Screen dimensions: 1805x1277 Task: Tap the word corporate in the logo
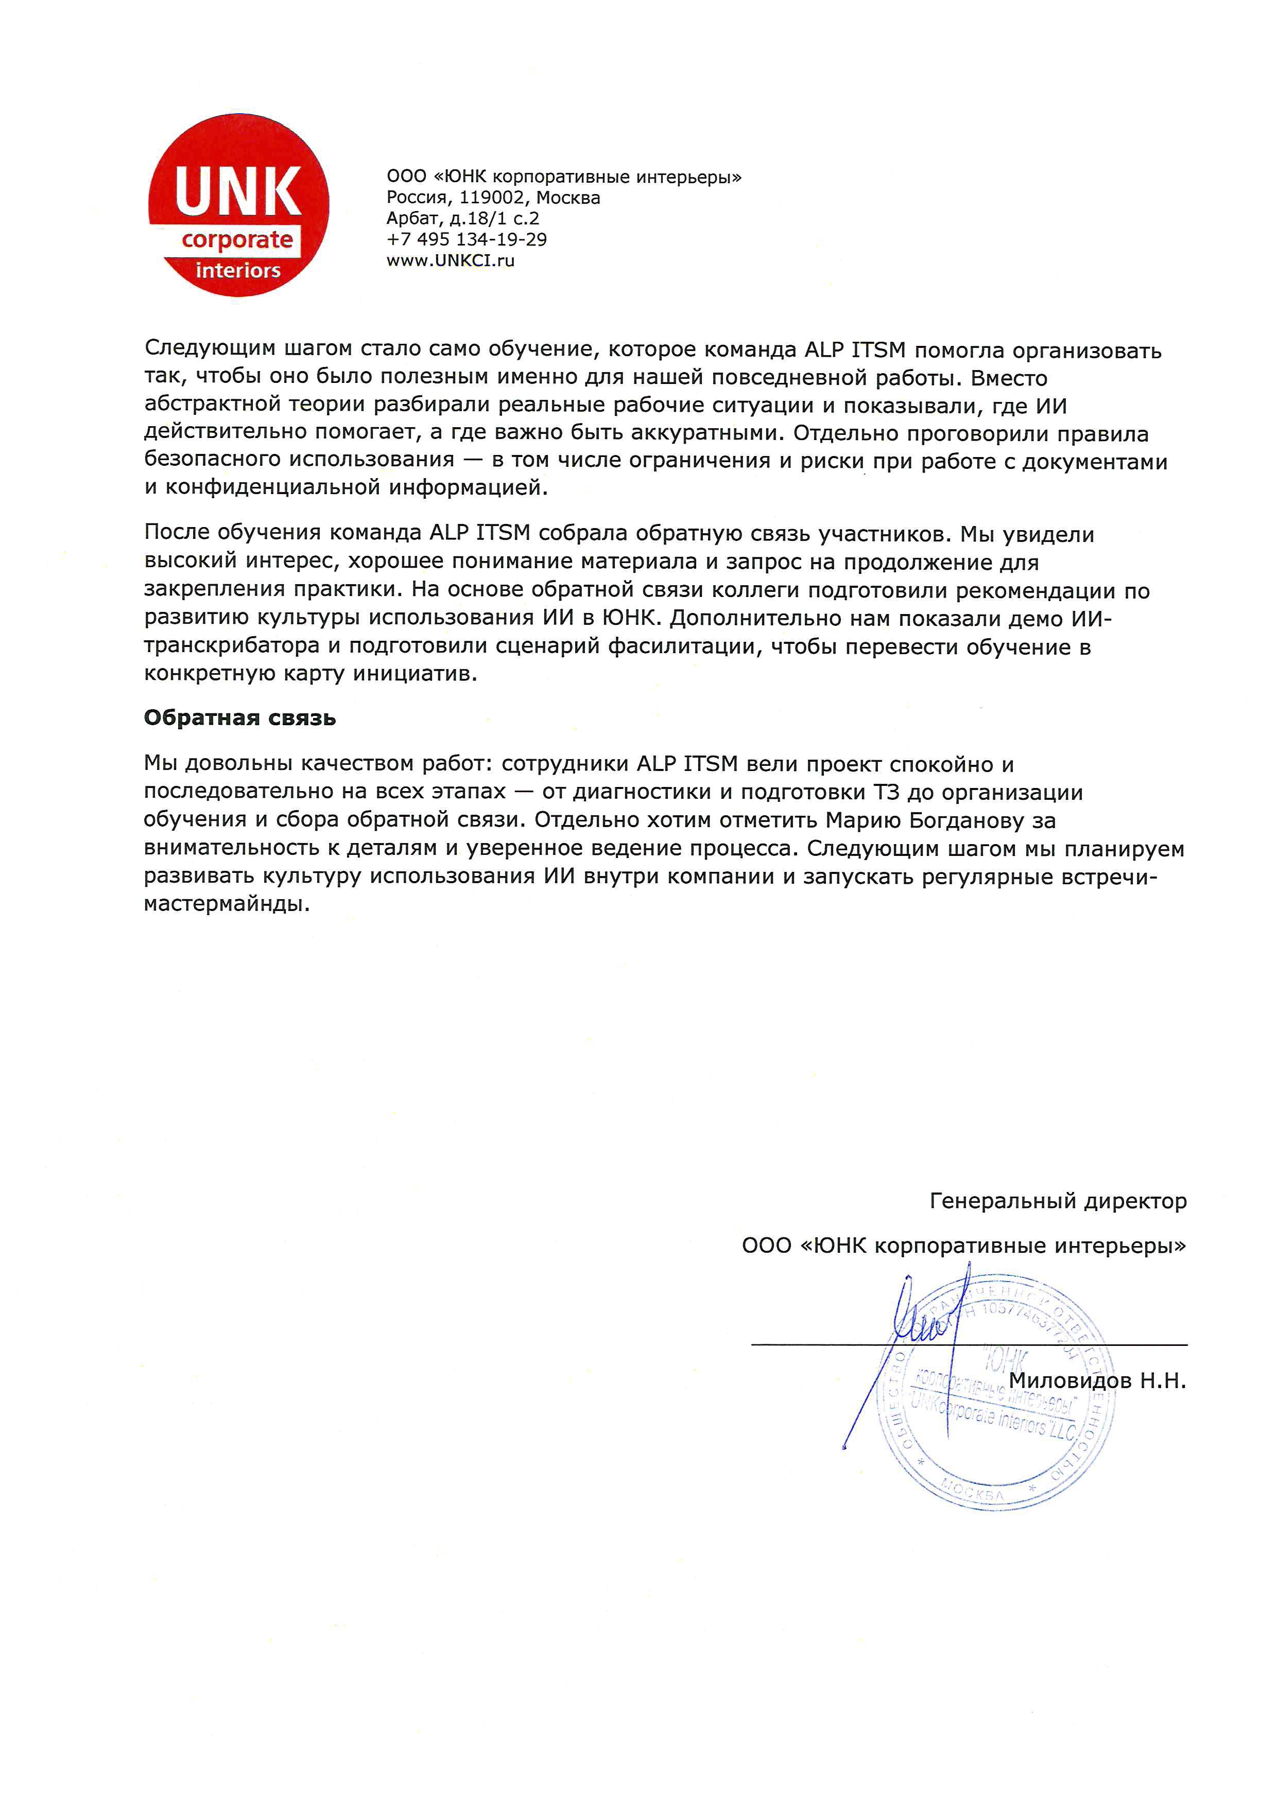[237, 240]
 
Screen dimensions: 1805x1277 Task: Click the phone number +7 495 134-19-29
[467, 239]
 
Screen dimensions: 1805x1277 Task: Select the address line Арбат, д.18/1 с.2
[462, 219]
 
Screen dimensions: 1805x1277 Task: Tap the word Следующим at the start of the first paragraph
[209, 349]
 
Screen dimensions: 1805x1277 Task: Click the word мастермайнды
[226, 904]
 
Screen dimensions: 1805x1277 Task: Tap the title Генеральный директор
[1058, 1201]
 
